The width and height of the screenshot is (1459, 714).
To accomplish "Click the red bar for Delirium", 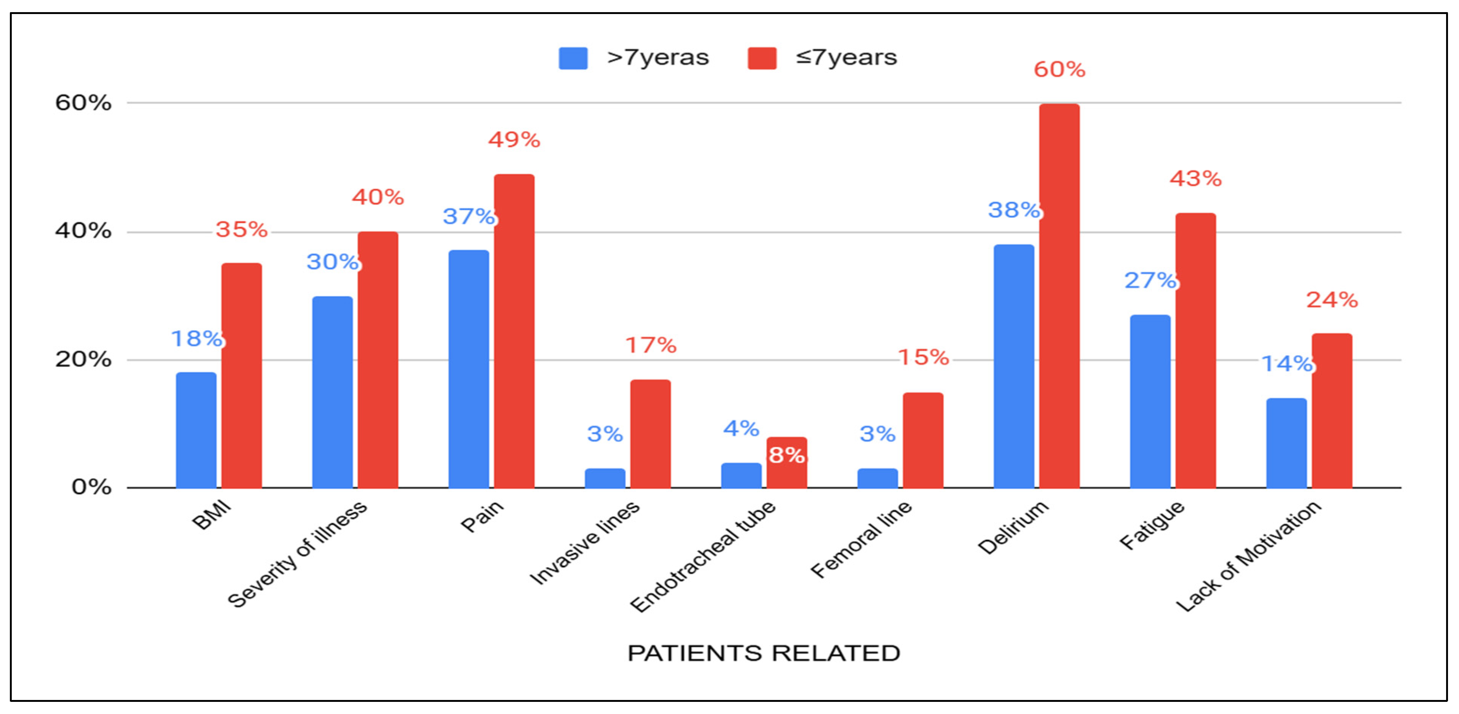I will click(x=1059, y=294).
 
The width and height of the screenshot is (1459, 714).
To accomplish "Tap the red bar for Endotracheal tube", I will click(x=787, y=470).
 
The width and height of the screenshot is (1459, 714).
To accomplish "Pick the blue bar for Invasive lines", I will click(x=605, y=478).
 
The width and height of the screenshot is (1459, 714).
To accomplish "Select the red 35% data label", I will click(x=241, y=229).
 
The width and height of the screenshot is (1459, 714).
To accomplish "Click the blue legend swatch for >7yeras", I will click(x=572, y=58).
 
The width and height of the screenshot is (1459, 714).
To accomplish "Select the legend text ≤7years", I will click(x=846, y=58).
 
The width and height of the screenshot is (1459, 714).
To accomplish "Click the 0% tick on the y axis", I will click(x=91, y=487).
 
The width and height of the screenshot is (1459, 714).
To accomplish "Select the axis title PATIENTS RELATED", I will click(x=764, y=653).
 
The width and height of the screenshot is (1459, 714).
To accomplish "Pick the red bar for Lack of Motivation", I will click(x=1332, y=410).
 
